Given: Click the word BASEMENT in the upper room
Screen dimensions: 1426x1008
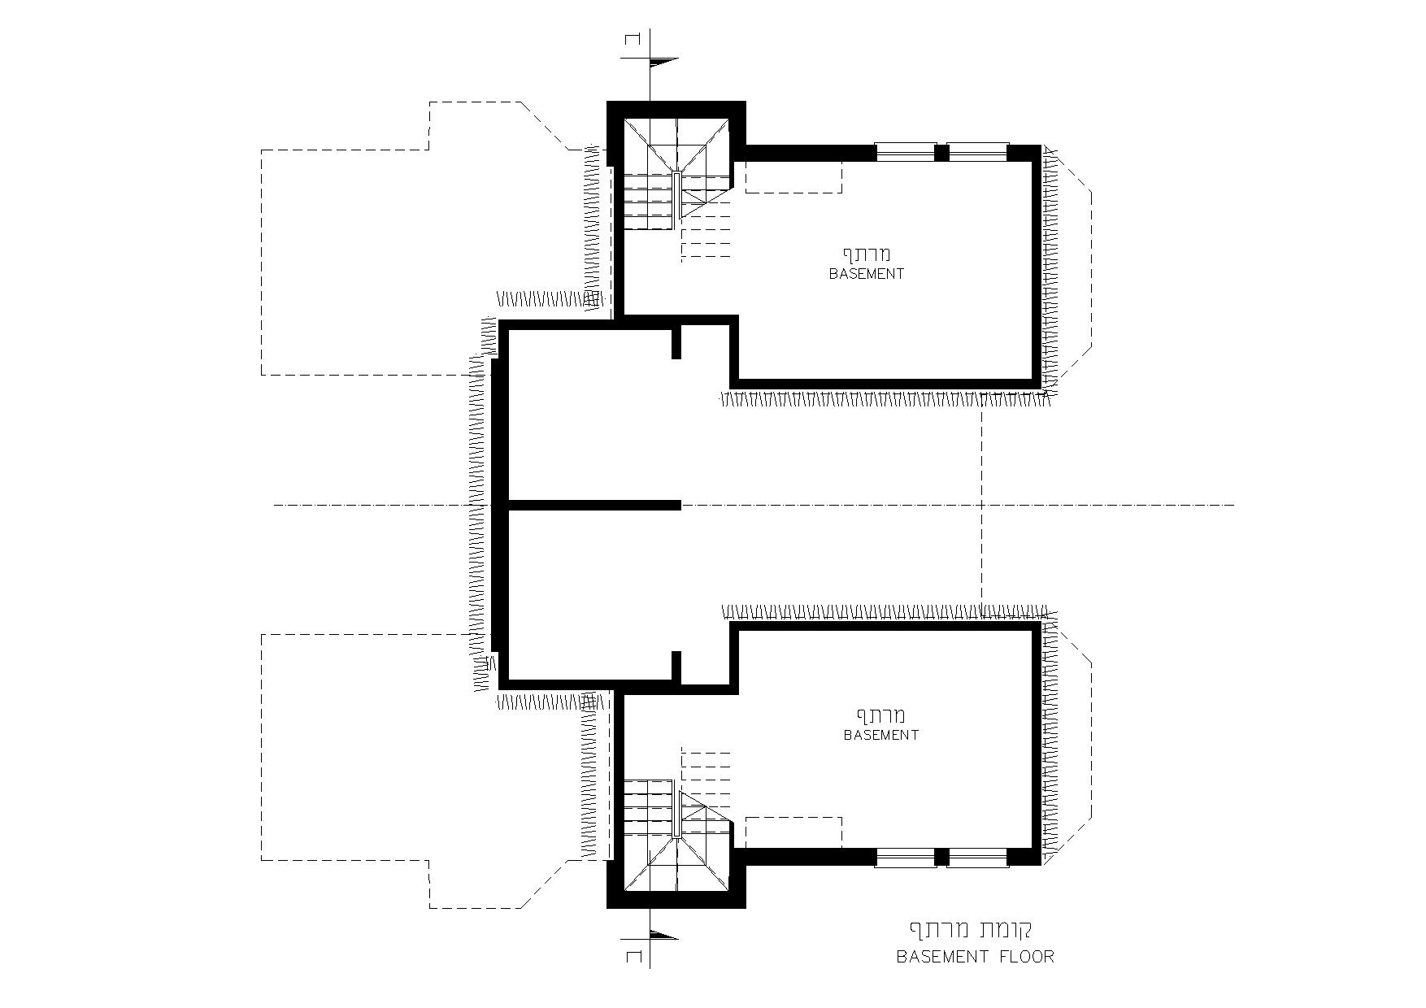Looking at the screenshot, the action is click(x=866, y=274).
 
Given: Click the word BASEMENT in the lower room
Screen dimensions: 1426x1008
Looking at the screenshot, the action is click(x=880, y=735).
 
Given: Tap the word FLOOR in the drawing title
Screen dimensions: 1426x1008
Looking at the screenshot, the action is click(x=1023, y=957).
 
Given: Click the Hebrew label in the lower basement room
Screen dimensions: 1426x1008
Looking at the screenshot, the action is click(x=880, y=715).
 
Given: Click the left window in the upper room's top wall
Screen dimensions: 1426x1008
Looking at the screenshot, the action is click(x=905, y=152).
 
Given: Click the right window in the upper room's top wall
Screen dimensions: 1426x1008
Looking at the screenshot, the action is click(x=979, y=152).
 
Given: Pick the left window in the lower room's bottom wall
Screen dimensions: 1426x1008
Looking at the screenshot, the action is click(x=905, y=857).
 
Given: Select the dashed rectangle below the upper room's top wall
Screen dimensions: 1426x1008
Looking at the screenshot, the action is click(x=793, y=177).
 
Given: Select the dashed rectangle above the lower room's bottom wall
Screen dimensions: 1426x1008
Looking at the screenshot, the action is click(x=793, y=832).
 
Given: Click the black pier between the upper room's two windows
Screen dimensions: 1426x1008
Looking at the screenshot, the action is click(x=942, y=152).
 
